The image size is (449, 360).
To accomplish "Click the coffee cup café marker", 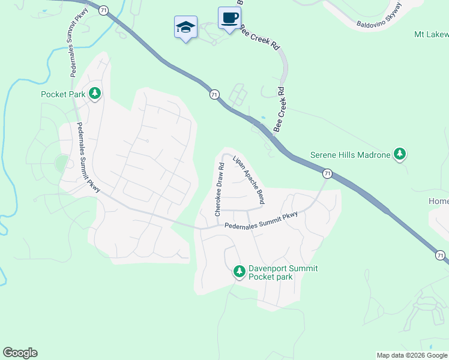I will click(x=229, y=18).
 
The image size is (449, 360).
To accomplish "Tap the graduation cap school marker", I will click(x=185, y=27).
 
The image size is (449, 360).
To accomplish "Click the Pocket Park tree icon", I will click(x=95, y=94).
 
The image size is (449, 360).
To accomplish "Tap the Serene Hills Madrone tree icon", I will click(x=400, y=154).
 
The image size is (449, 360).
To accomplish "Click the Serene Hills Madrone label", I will click(x=350, y=154).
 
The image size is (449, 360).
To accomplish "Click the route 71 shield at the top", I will click(x=104, y=10).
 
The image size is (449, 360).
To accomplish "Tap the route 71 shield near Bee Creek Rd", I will click(x=214, y=94).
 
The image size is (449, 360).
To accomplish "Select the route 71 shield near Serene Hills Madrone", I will click(x=327, y=173).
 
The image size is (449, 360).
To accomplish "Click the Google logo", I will click(x=20, y=353).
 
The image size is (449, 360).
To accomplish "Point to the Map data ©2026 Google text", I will click(x=412, y=355).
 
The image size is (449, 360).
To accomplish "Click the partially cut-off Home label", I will click(x=438, y=201).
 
